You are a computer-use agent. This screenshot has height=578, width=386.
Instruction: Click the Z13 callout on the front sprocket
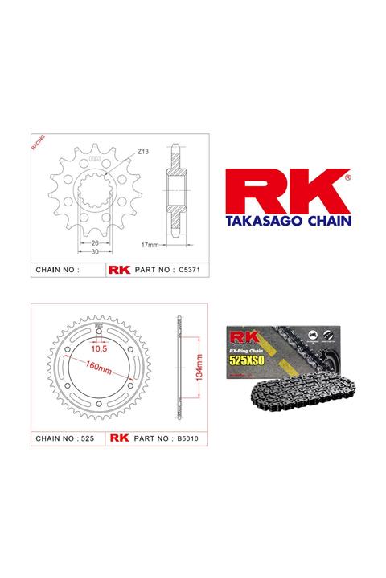[143, 149]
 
